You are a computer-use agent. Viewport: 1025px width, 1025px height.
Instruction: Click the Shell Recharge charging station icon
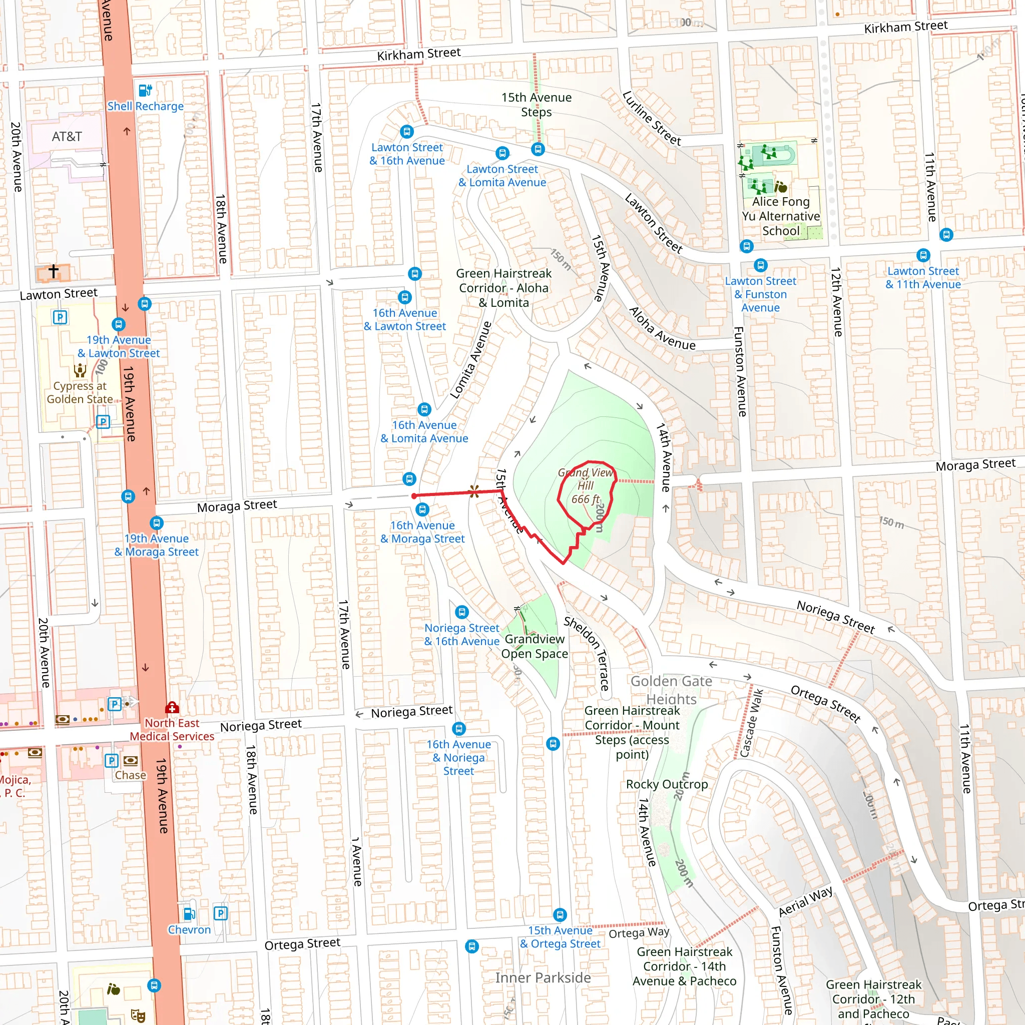[145, 90]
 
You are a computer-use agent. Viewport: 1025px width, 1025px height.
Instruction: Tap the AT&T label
[67, 136]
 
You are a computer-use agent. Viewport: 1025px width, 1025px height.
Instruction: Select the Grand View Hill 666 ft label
[585, 485]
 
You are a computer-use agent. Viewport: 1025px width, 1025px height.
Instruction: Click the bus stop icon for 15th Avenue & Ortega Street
[560, 915]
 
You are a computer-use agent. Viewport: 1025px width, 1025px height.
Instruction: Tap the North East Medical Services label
[172, 730]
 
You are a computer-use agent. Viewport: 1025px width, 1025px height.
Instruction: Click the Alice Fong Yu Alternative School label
[780, 216]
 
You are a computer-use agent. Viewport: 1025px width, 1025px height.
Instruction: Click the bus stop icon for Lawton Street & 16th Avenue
[406, 131]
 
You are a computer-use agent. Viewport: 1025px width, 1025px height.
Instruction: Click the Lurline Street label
[652, 118]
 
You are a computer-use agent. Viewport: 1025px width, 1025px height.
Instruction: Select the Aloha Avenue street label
[662, 328]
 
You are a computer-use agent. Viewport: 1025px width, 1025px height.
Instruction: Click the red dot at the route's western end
[414, 496]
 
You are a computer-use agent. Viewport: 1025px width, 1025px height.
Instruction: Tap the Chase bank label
[131, 775]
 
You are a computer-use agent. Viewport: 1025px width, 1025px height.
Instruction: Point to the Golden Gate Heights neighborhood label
[671, 690]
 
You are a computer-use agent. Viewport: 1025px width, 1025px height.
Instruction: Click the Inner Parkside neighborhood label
[543, 978]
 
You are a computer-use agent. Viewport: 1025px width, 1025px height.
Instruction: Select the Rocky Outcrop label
[667, 784]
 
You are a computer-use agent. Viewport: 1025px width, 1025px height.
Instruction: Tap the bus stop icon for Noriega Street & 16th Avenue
[462, 612]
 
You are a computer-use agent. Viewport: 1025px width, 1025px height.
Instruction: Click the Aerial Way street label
[805, 901]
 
